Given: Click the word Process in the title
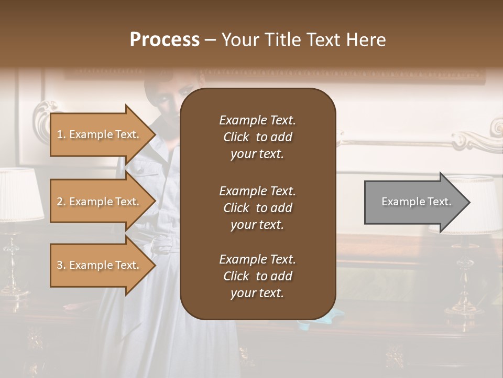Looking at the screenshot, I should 165,40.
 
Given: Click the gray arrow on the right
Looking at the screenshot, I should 414,202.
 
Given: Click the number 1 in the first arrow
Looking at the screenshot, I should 60,134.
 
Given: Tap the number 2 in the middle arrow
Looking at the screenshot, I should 60,202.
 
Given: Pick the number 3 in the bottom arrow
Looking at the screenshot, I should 60,265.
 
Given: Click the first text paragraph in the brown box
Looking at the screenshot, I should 257,137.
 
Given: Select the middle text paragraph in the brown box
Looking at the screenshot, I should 257,208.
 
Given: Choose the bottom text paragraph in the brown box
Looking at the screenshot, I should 257,276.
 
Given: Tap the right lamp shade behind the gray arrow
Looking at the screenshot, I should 479,205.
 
